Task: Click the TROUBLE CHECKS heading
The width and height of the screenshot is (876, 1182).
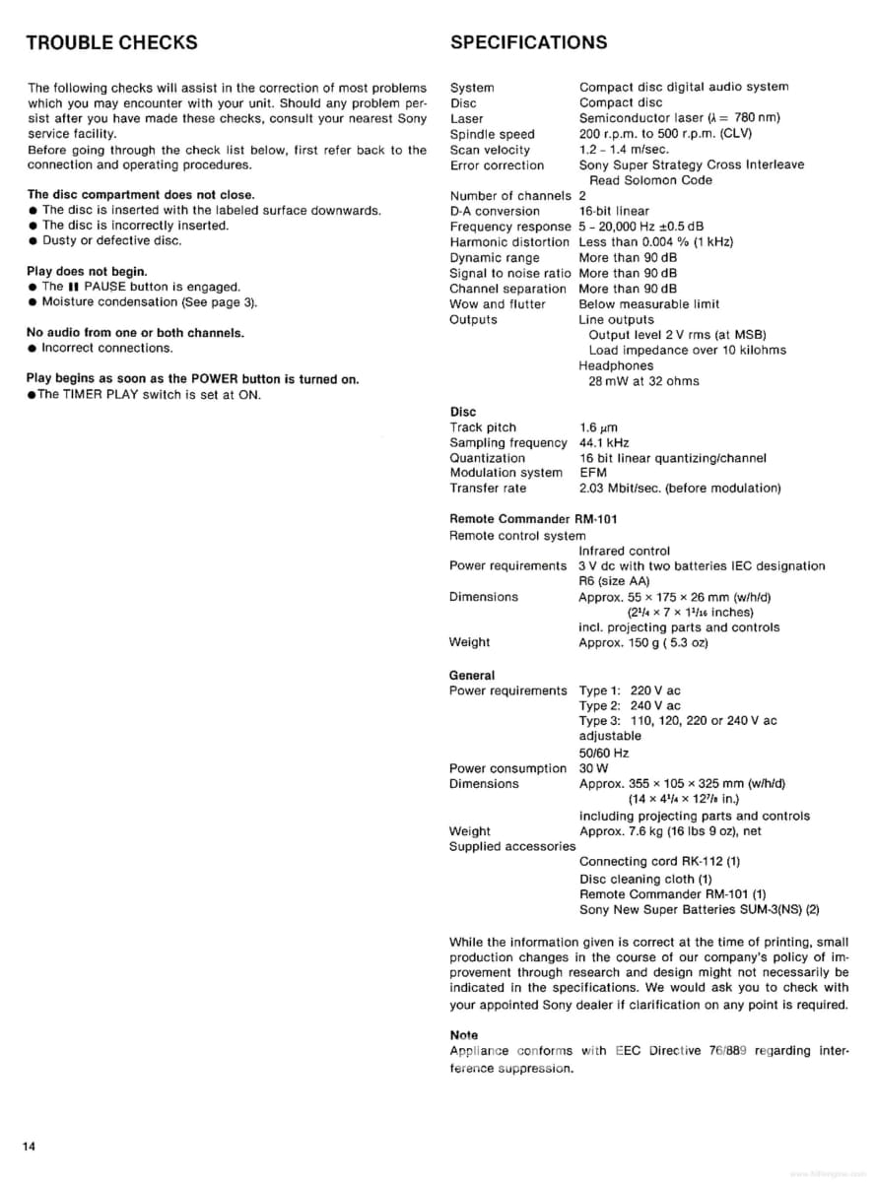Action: click(110, 42)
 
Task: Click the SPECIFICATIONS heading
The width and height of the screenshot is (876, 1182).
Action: click(528, 42)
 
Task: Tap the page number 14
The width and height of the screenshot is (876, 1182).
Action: click(31, 1146)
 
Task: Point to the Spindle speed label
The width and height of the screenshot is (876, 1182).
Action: click(492, 134)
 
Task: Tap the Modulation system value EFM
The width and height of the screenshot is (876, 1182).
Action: click(593, 473)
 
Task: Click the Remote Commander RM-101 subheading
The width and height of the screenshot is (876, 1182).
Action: click(533, 519)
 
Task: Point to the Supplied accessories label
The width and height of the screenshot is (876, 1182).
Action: click(511, 846)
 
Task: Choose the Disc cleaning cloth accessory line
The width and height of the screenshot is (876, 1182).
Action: click(645, 879)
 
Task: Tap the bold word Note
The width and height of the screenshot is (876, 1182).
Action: click(463, 1035)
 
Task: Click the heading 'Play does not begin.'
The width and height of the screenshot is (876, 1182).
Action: click(87, 271)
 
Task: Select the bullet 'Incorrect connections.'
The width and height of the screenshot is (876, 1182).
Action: click(106, 348)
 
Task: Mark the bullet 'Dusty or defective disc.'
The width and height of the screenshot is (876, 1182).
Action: click(111, 240)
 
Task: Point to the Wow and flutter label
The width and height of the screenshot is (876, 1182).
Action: click(497, 304)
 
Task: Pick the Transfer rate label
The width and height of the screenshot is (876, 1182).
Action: click(488, 489)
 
